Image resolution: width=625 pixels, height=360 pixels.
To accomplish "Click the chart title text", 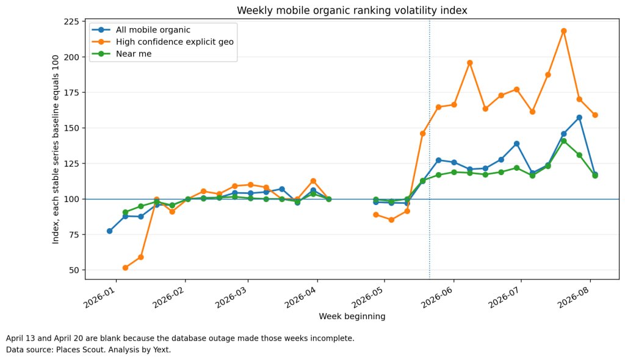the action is coord(352,10).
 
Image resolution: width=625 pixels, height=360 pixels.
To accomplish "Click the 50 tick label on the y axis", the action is coord(74,270).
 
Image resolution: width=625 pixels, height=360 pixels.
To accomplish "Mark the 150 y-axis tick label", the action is coord(72,128).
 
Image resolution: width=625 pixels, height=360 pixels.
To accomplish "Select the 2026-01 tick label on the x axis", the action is coord(99,297).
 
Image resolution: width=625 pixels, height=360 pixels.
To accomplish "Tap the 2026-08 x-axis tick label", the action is coord(573,297).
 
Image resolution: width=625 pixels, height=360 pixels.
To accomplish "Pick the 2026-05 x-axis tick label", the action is coord(367,297).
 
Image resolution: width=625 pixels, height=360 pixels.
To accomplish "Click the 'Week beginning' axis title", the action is coord(352,316).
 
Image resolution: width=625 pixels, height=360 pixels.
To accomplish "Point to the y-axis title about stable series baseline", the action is coord(56,149).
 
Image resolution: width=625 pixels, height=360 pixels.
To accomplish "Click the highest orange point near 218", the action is coord(563,31).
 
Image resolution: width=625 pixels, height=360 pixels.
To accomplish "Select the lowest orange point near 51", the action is coord(125,268).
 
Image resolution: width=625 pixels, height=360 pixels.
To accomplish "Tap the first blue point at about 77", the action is coord(110,231).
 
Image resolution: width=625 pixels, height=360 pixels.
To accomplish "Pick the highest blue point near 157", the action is coord(579,118).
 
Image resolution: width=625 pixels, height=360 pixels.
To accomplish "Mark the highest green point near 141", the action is coord(563,141).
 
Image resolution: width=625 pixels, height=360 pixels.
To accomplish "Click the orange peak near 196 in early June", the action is coord(470,63).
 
